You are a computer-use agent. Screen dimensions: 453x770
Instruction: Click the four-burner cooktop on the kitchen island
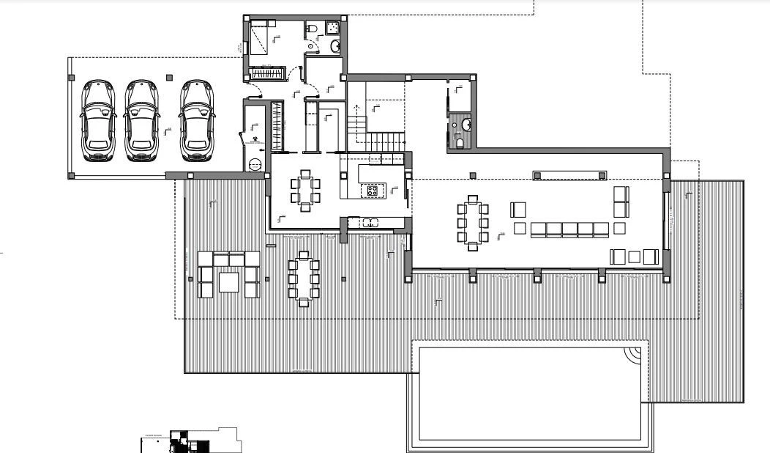pos(373,191)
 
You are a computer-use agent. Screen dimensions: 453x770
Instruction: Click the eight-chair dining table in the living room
pos(473,223)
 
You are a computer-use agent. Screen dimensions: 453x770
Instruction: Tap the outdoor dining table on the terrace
pos(303,277)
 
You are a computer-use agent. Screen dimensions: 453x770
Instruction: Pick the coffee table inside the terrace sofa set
pos(228,281)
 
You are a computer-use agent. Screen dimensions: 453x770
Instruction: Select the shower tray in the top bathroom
pos(332,28)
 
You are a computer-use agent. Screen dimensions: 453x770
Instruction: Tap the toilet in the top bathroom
pos(311,29)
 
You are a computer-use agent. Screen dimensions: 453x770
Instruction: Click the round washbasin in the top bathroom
pos(335,47)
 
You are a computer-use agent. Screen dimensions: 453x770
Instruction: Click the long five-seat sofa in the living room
pos(569,229)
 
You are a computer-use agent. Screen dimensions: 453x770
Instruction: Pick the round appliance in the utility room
pos(254,165)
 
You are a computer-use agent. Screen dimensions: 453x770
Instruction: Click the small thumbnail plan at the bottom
pos(190,441)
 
